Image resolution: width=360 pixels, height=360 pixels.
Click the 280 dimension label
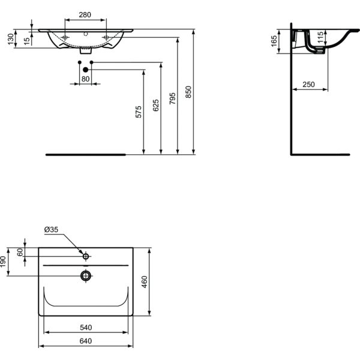85,14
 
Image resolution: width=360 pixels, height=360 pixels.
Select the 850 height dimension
188,92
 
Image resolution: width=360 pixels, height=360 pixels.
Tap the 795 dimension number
172,98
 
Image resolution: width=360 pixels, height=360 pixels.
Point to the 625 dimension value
155,105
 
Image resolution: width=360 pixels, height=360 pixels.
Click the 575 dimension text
139,112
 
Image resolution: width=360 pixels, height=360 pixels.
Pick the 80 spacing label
85,79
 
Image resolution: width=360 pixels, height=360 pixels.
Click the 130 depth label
11,39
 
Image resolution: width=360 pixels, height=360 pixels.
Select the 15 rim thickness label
27,41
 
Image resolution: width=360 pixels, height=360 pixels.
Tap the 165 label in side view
274,41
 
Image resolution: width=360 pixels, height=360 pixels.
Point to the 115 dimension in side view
320,37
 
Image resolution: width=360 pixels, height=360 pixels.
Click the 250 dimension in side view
308,85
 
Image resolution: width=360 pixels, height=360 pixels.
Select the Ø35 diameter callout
51,229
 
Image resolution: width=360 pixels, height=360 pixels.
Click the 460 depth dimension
145,282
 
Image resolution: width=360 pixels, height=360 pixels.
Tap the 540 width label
86,328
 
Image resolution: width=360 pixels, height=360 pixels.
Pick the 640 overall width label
86,341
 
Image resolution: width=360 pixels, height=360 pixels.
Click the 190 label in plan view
3,262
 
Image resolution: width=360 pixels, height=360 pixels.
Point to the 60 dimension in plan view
20,252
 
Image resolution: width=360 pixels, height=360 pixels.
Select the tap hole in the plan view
86,256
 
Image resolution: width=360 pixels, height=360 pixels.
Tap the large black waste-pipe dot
85,70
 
